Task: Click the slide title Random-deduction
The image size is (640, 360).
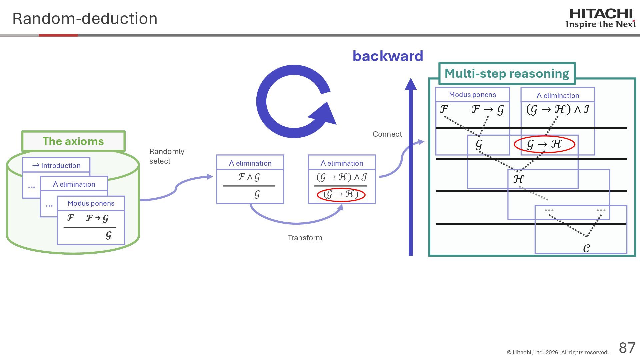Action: click(x=85, y=19)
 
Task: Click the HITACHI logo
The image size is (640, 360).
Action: click(x=601, y=18)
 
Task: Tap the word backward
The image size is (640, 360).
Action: click(x=388, y=56)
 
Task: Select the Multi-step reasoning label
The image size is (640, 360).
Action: click(x=507, y=74)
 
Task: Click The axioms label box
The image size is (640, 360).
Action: click(x=73, y=141)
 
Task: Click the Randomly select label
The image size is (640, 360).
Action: click(x=167, y=156)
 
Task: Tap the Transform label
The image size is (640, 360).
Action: click(x=305, y=238)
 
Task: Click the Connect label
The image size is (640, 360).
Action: click(x=387, y=134)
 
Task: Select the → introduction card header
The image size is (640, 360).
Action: click(x=56, y=165)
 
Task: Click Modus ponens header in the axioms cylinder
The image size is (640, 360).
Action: click(x=91, y=203)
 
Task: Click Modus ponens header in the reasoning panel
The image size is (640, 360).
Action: click(x=472, y=95)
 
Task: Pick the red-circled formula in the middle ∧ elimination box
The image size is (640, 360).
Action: click(x=341, y=194)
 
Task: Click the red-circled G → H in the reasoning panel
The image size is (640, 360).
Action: click(x=544, y=144)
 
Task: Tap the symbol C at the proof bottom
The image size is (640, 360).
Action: click(x=586, y=248)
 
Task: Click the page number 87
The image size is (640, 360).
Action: click(x=627, y=348)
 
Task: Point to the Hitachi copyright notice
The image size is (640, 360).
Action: click(x=558, y=352)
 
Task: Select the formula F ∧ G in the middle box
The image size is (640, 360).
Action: click(x=249, y=177)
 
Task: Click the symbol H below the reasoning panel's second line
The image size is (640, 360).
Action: click(x=518, y=179)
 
